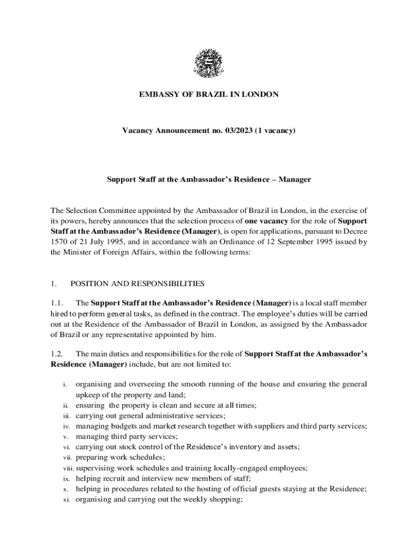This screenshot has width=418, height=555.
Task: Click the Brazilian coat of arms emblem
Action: coord(208,63)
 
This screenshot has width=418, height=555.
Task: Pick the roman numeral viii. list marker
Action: coord(67,468)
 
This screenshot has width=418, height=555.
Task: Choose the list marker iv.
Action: coord(65,426)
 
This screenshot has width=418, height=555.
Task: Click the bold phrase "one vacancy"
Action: coord(265,221)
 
